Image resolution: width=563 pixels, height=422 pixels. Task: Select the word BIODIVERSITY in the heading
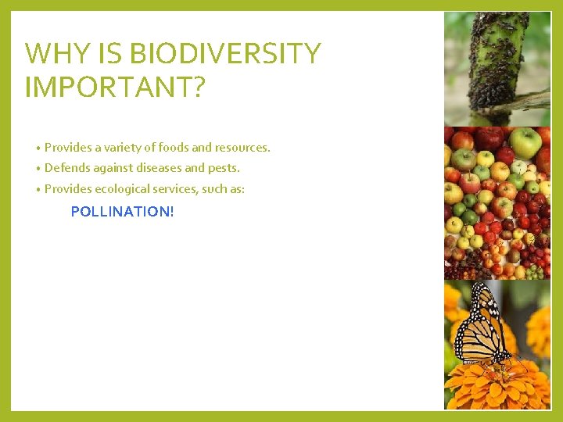[224, 54]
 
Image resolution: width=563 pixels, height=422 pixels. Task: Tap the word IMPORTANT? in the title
[115, 87]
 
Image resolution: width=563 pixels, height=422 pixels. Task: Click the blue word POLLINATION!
[122, 211]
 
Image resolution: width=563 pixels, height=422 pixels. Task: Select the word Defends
[67, 168]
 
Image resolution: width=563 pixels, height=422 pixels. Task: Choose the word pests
[224, 168]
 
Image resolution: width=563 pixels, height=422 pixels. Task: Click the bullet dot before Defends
[38, 169]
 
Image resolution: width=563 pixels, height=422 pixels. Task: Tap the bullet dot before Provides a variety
[38, 148]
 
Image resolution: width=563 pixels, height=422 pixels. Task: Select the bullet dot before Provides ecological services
[38, 190]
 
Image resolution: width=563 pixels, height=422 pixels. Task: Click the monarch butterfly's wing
[479, 324]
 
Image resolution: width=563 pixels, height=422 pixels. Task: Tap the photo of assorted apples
[497, 203]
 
